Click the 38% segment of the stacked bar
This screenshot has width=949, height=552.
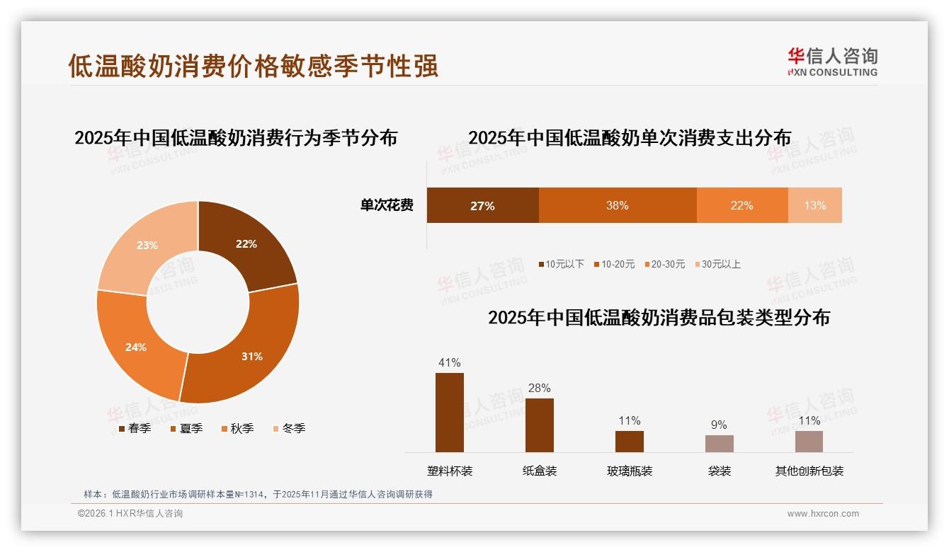pyautogui.click(x=618, y=205)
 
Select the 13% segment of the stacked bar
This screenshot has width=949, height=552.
pyautogui.click(x=814, y=205)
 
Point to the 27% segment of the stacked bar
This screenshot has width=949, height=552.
pyautogui.click(x=482, y=205)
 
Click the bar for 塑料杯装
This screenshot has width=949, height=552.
pyautogui.click(x=449, y=412)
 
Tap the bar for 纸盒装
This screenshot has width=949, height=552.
pyautogui.click(x=539, y=425)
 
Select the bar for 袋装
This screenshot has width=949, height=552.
pyautogui.click(x=719, y=444)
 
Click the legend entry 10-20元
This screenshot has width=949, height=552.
pyautogui.click(x=614, y=264)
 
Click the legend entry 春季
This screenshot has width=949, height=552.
pyautogui.click(x=135, y=428)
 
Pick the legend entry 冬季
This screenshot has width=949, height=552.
pyautogui.click(x=289, y=428)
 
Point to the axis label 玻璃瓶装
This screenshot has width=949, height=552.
pyautogui.click(x=629, y=471)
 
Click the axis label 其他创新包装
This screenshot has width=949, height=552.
pyautogui.click(x=809, y=471)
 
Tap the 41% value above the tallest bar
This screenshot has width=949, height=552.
pyautogui.click(x=449, y=362)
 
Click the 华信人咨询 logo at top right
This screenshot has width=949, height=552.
pyautogui.click(x=832, y=62)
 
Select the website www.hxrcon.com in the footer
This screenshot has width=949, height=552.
pyautogui.click(x=823, y=514)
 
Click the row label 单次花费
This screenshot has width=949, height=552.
pyautogui.click(x=387, y=205)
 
